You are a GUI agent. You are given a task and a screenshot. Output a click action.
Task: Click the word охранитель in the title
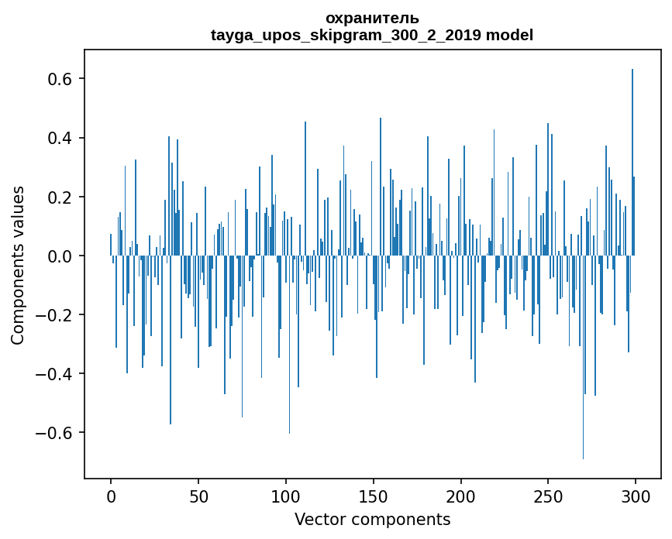coord(372,18)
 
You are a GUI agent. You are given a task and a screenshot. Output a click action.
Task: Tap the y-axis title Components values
coord(18,265)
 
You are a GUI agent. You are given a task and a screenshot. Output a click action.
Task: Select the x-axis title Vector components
coord(372,519)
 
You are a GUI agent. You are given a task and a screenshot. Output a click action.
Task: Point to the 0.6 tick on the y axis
coord(60,79)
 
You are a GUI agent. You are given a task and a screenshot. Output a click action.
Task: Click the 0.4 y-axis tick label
coord(60,138)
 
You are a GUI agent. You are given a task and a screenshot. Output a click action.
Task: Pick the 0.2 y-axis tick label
coord(60,197)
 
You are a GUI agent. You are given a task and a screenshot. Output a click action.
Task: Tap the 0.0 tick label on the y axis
coord(60,256)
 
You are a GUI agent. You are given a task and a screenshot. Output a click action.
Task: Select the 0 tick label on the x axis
coord(111,496)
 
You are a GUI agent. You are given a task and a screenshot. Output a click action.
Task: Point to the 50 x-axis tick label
coord(198,496)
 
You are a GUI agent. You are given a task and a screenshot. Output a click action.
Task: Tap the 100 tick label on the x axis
coord(286,496)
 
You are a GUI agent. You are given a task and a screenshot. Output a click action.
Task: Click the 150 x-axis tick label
coord(373,496)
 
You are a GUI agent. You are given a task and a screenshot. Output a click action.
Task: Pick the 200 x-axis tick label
coord(460,496)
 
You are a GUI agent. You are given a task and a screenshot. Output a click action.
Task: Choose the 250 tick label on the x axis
coord(548,496)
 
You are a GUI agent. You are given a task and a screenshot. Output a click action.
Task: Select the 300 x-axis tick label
coord(636,496)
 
